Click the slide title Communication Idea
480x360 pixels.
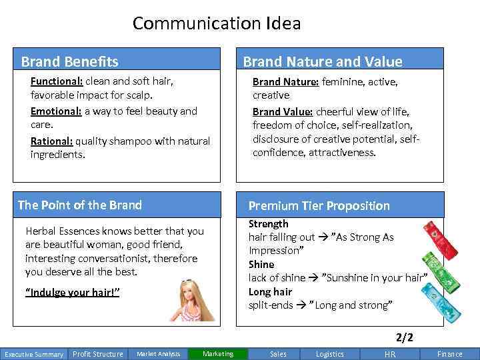click(x=217, y=24)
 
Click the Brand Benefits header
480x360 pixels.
click(x=69, y=62)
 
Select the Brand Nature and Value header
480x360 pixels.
click(x=323, y=62)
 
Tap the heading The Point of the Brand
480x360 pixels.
click(x=80, y=205)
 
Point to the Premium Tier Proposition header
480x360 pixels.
click(x=319, y=205)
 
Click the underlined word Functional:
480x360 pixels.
click(x=57, y=81)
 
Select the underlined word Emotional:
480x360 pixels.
click(x=56, y=111)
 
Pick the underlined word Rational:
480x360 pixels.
click(x=52, y=141)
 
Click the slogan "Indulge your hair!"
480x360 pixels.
click(x=72, y=293)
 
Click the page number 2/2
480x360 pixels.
click(x=405, y=337)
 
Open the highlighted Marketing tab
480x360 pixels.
click(x=218, y=354)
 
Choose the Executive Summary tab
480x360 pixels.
click(x=34, y=354)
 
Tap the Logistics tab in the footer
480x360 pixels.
click(x=330, y=354)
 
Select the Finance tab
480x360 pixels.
click(x=450, y=354)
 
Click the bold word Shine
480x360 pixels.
click(x=261, y=265)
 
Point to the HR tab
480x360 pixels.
click(x=390, y=354)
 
